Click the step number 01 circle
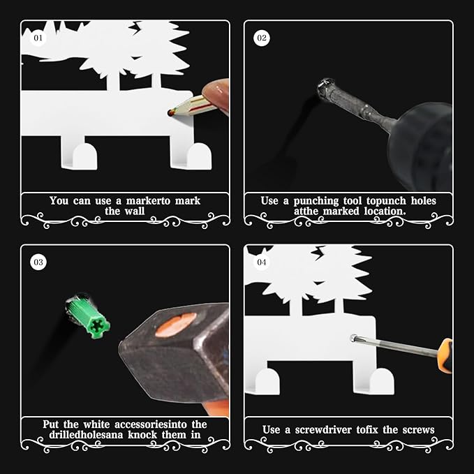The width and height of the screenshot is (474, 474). point(38,38)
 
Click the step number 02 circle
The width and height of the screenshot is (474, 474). point(262,38)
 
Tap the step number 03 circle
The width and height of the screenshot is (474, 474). point(38,262)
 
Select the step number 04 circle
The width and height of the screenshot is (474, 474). point(262,262)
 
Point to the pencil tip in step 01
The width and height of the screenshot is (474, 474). point(170,113)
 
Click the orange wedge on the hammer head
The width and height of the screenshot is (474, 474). point(176,325)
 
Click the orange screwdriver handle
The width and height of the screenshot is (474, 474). point(445,355)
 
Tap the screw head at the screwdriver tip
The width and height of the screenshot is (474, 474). point(353,339)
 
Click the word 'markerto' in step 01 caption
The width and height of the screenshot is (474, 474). point(148,201)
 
